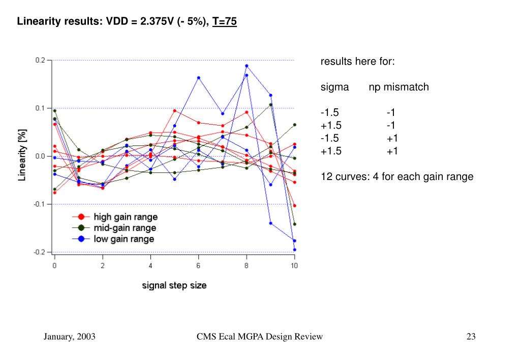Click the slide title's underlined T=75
point(225,22)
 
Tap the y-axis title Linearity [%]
point(23,156)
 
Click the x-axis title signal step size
point(174,285)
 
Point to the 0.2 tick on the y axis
point(41,60)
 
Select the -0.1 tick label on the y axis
point(40,204)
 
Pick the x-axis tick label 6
point(198,265)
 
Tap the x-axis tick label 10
point(294,265)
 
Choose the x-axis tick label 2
point(103,265)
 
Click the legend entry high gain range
point(126,217)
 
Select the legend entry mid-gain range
point(125,228)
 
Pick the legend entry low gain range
point(124,238)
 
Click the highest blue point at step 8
point(247,66)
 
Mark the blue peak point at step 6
point(198,78)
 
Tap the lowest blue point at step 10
point(294,250)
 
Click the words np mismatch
point(399,87)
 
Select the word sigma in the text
point(334,87)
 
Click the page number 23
point(471,337)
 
